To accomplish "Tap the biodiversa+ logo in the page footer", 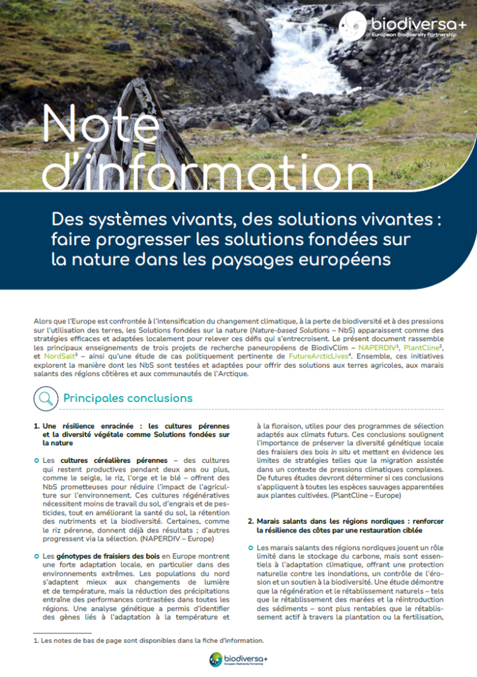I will (238, 659).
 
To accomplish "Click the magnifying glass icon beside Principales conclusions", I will (46, 398).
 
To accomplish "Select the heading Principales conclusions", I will (128, 398).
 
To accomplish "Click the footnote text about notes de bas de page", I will (148, 640).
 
